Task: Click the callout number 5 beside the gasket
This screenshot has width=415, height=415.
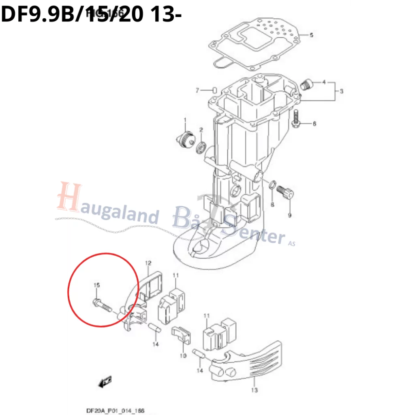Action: point(311,35)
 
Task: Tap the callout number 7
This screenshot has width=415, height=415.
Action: point(198,90)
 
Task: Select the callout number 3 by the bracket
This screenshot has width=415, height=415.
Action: point(341,91)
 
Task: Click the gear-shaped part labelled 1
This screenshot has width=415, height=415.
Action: point(184,139)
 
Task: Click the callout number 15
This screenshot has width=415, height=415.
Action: point(96,285)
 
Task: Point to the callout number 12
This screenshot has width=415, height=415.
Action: point(148,263)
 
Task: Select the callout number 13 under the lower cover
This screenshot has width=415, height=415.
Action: point(255,390)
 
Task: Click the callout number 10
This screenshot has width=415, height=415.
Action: point(183,356)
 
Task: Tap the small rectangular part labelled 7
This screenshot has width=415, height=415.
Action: point(215,90)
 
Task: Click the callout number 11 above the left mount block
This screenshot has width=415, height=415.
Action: point(175,276)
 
